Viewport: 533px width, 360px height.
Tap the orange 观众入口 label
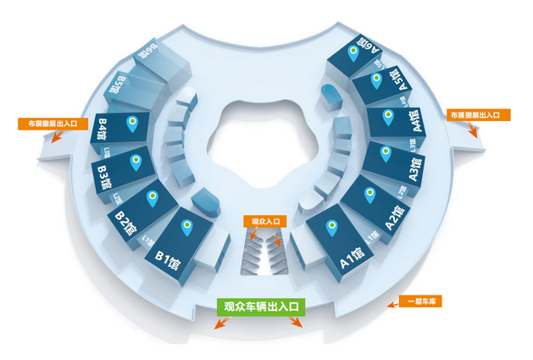265,221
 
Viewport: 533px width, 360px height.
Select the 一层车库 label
419,301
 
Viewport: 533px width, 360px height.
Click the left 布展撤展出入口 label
53,124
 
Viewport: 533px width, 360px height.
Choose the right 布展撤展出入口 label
474,114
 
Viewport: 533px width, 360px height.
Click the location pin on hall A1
332,228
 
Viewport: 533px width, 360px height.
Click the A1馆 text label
353,257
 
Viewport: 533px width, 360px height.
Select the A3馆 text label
416,170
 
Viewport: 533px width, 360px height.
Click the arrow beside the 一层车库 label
392,302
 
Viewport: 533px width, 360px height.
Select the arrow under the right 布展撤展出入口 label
474,130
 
